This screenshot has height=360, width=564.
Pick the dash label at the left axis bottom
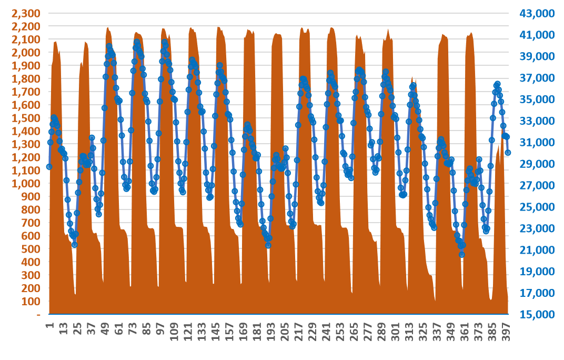tap(38, 314)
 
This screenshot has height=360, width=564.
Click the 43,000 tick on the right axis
tap(538, 13)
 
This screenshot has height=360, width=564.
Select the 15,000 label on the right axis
tap(538, 314)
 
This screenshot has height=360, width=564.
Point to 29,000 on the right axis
tap(538, 164)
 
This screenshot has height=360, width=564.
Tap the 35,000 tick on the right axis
tap(538, 99)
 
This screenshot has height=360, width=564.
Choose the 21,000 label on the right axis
tap(538, 250)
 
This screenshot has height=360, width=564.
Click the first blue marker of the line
tap(49, 167)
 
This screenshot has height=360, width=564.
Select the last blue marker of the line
tap(508, 153)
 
